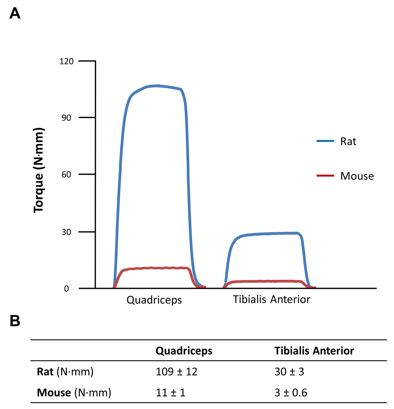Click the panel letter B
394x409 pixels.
point(15,321)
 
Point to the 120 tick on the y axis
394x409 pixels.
point(66,61)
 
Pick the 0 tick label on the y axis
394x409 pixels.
point(66,289)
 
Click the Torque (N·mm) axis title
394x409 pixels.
point(39,170)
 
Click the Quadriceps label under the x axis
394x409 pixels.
point(154,300)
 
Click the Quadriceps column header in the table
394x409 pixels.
point(184,351)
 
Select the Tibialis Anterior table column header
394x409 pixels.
point(314,351)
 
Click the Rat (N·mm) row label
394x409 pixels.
point(65,372)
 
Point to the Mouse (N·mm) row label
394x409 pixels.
point(74,393)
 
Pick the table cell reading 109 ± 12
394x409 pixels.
point(176,372)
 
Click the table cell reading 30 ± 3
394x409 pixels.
point(289,372)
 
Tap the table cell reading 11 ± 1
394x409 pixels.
point(170,393)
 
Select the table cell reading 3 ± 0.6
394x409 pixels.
point(291,393)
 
